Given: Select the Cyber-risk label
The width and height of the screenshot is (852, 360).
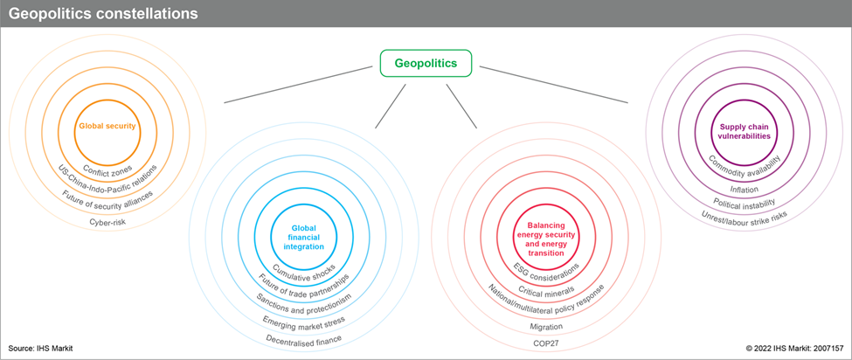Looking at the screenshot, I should coord(107,222).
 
